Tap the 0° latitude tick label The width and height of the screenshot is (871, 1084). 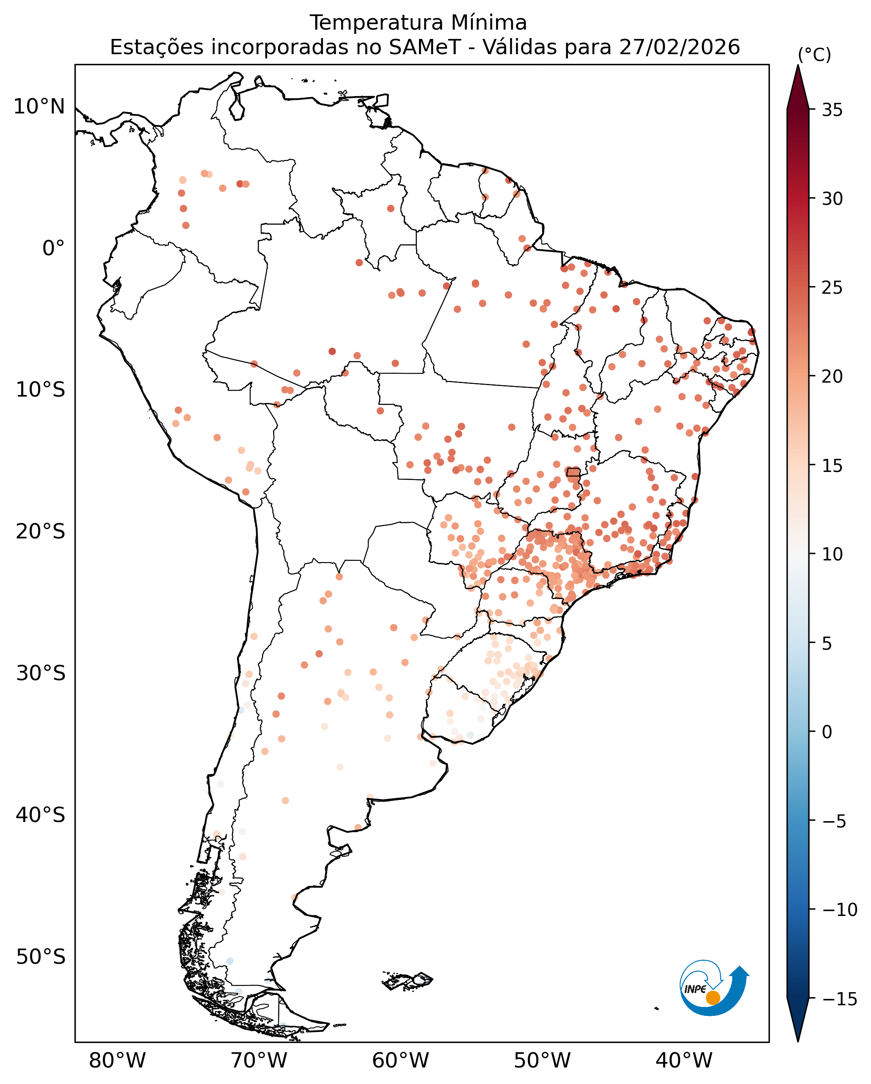pyautogui.click(x=53, y=248)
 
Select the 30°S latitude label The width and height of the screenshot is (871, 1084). pyautogui.click(x=40, y=673)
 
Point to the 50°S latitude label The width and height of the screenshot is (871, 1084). pyautogui.click(x=40, y=957)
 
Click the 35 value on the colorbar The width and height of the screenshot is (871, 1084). pyautogui.click(x=832, y=110)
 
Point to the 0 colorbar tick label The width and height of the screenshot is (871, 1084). pyautogui.click(x=827, y=732)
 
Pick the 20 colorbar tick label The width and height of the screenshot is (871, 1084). pyautogui.click(x=832, y=377)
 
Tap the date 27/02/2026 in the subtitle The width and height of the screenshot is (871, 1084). pyautogui.click(x=680, y=48)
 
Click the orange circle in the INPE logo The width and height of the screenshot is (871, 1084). pyautogui.click(x=713, y=998)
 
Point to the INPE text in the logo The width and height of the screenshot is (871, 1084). pyautogui.click(x=696, y=989)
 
